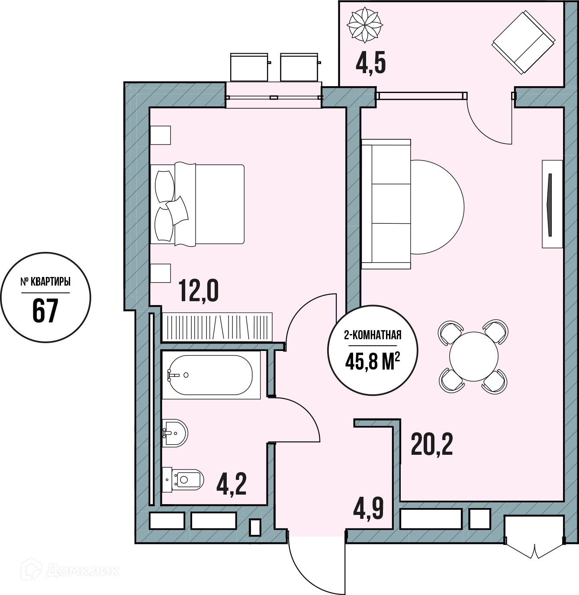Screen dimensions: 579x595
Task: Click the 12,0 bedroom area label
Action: point(199,291)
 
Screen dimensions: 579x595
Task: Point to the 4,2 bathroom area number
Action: point(232,485)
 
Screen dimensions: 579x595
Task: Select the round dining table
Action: point(473,357)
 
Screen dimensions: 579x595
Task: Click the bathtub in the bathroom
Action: point(211,375)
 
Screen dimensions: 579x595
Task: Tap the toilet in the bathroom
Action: point(183,480)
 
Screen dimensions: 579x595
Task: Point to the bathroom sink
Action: point(175,432)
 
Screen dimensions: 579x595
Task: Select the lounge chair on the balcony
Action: point(523,42)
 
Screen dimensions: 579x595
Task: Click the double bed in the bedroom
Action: point(197,204)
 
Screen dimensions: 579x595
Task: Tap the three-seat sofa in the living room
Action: point(386,204)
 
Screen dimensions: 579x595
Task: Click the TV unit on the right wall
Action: point(552,204)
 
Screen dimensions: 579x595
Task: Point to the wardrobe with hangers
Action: point(217,327)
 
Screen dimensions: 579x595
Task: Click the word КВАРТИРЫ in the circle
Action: point(51,282)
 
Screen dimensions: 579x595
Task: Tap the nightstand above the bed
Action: point(161,135)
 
